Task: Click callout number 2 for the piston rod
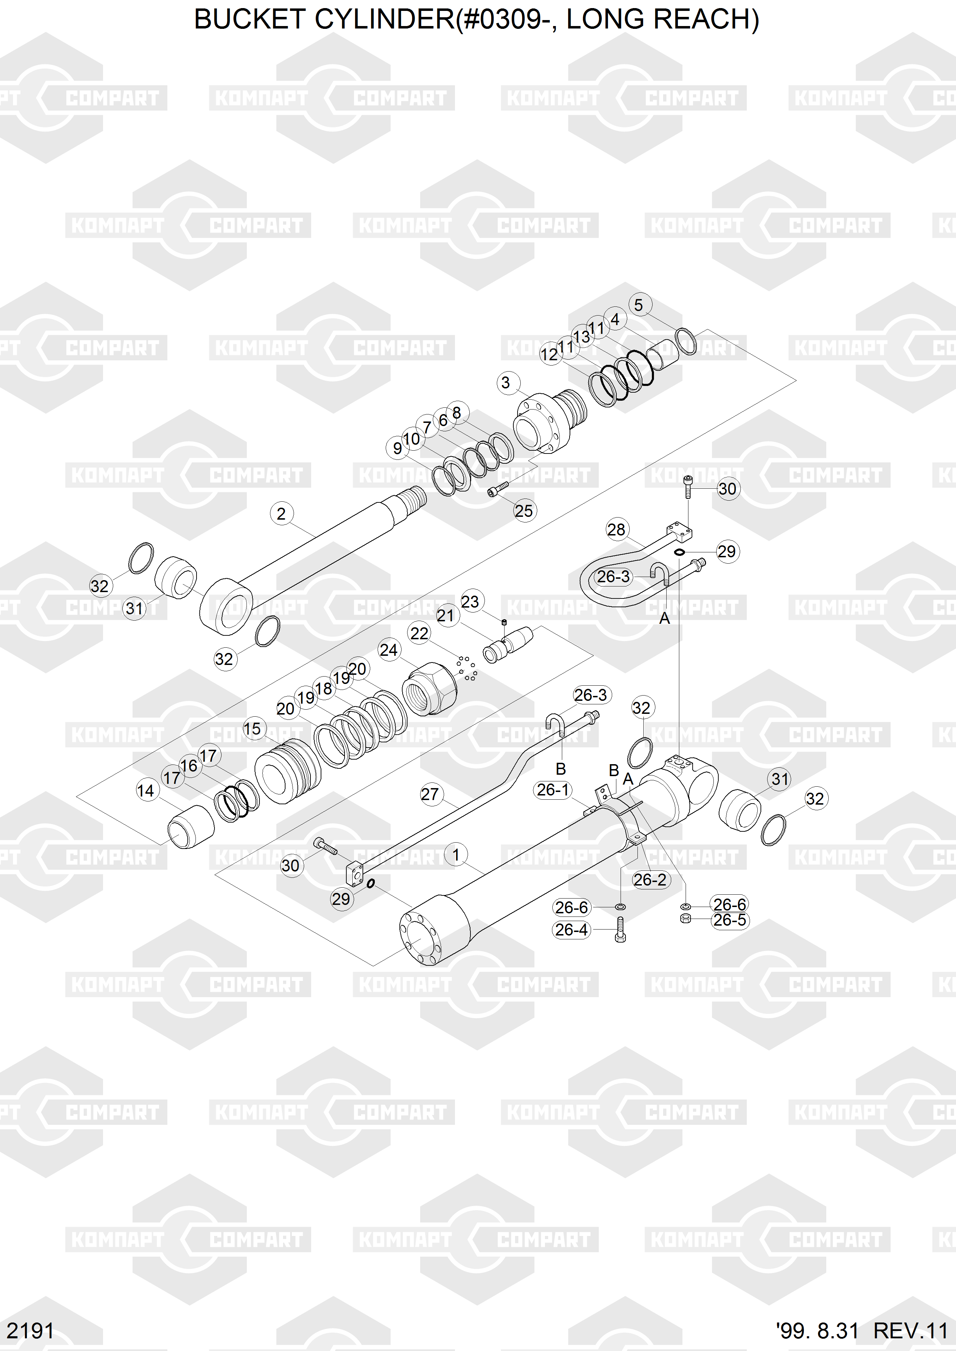click(x=281, y=514)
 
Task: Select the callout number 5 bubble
click(x=639, y=305)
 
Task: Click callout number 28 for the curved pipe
click(x=616, y=529)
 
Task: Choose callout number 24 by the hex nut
click(x=389, y=650)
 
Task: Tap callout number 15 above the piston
click(x=252, y=729)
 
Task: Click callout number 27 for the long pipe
click(x=430, y=794)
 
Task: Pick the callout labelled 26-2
click(x=650, y=880)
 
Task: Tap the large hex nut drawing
click(x=430, y=688)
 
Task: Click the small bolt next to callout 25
click(x=498, y=489)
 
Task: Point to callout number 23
click(x=470, y=601)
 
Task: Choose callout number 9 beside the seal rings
click(x=397, y=448)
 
